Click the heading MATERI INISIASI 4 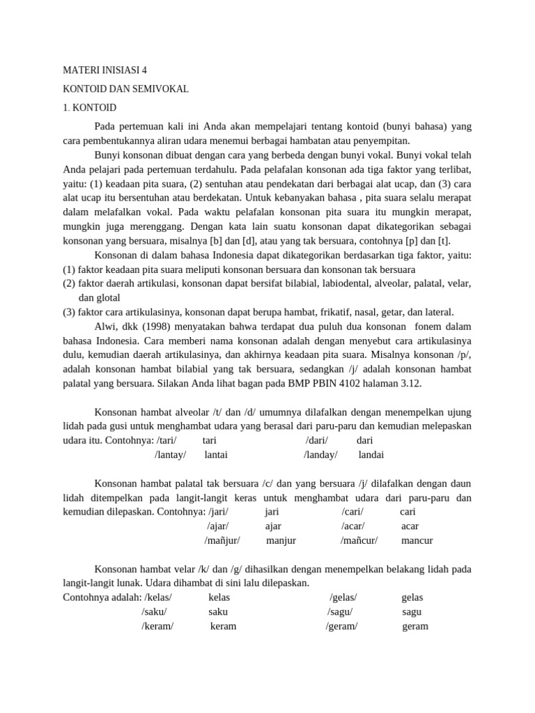click(105, 70)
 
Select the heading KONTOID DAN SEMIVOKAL click(125, 89)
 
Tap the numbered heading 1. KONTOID click(90, 108)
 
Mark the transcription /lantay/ click(171, 455)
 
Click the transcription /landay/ click(320, 455)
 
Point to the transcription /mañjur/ click(222, 540)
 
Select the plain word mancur click(417, 540)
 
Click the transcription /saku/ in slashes click(154, 612)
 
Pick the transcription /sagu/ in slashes click(340, 612)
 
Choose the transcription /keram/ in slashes click(157, 626)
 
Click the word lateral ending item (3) click(435, 312)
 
